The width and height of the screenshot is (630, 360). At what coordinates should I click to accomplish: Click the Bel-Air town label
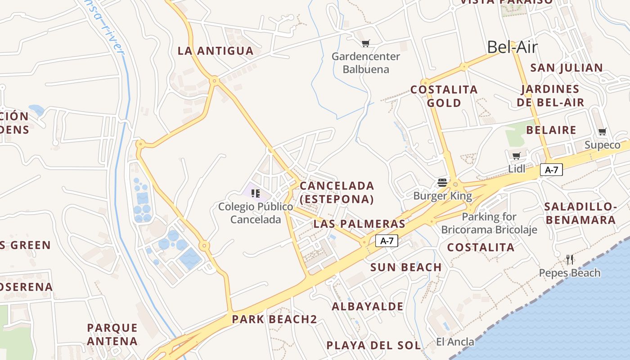coord(513,47)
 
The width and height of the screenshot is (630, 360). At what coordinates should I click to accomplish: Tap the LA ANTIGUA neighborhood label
coord(216,51)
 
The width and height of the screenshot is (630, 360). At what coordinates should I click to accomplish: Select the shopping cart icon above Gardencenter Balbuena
coord(365,44)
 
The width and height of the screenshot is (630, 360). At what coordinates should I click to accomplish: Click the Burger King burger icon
coord(442,183)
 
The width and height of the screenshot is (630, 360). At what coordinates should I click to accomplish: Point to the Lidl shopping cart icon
coord(516,156)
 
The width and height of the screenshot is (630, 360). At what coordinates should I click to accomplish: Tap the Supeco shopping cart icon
coord(602,132)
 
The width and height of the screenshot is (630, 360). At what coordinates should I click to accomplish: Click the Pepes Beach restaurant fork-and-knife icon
coord(570,259)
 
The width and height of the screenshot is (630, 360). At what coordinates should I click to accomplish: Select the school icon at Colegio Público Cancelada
coord(256,193)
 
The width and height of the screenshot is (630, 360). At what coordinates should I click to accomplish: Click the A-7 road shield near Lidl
coord(551,170)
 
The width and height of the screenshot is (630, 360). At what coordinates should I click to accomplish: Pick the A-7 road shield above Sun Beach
coord(387,241)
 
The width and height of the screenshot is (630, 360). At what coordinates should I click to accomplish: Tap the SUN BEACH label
coord(406,267)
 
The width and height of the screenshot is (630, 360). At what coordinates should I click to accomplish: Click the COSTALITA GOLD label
coord(444,96)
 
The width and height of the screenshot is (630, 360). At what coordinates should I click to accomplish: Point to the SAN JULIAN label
coord(566,68)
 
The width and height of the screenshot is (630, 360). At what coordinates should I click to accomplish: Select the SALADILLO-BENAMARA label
coord(580,213)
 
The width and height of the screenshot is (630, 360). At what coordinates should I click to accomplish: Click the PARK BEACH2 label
coord(274,319)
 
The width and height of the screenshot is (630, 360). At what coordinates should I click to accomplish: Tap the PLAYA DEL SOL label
coord(373,346)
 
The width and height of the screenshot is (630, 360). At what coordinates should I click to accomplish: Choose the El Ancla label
coord(455,342)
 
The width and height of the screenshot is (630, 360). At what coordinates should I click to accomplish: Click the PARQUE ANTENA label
coord(112,334)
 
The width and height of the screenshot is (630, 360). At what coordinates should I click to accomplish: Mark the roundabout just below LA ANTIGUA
coord(215,81)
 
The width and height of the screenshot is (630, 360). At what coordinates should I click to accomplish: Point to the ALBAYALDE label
coord(368,306)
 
